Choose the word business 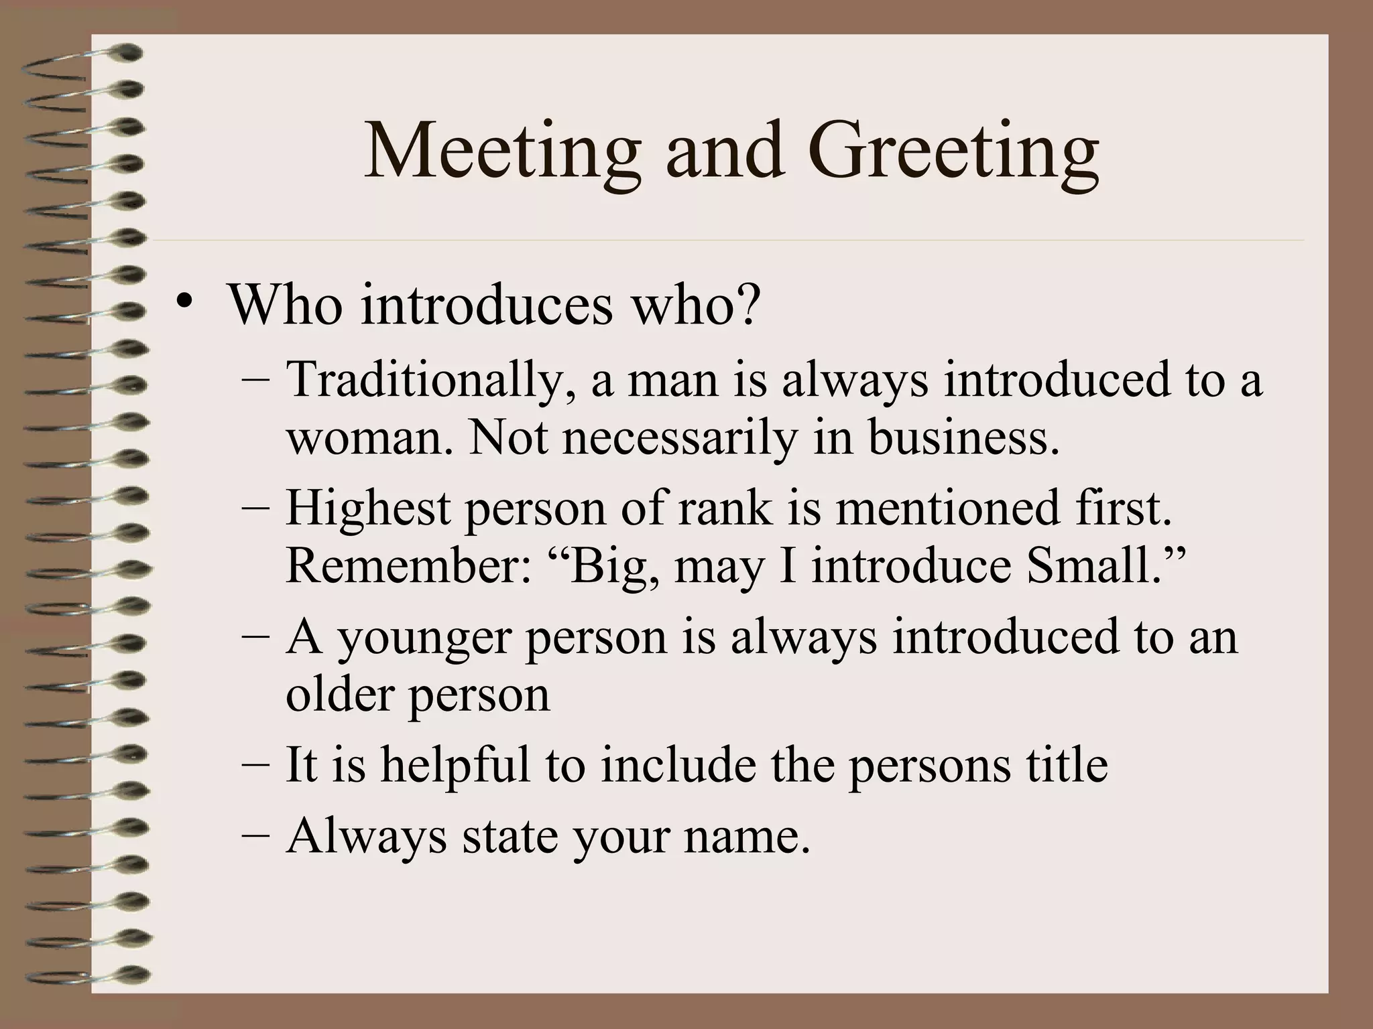pyautogui.click(x=965, y=437)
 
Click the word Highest pyautogui.click(x=367, y=508)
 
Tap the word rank pyautogui.click(x=725, y=508)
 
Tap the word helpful pyautogui.click(x=455, y=765)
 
